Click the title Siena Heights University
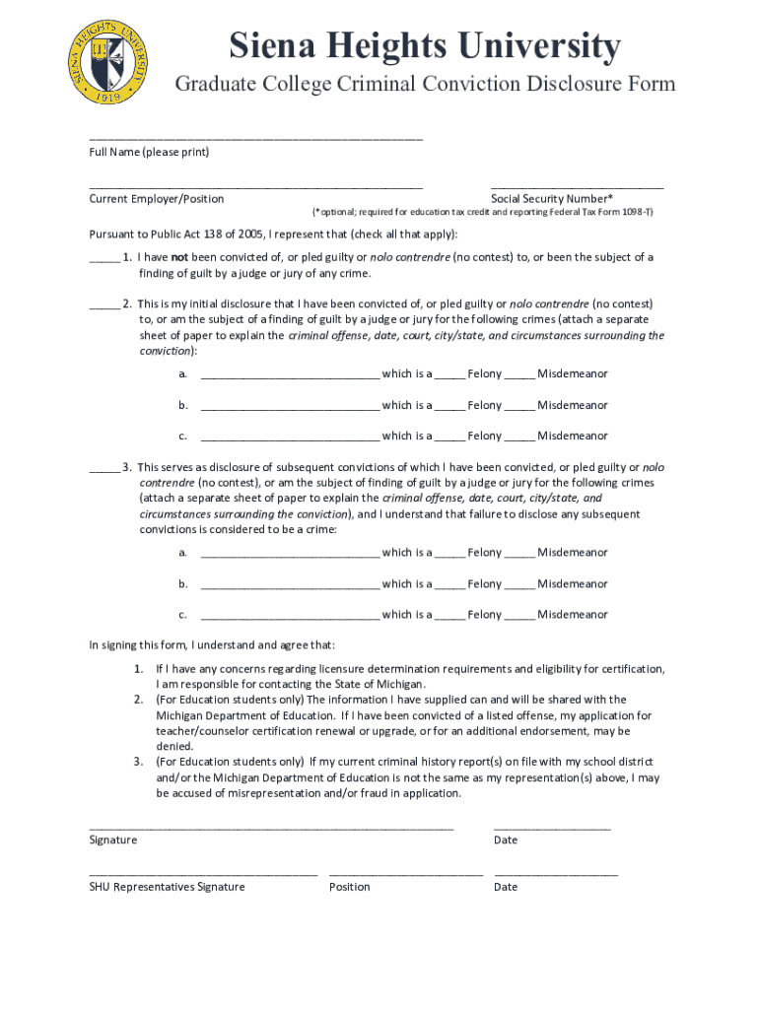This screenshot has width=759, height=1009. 425,45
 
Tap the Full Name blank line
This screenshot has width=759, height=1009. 255,138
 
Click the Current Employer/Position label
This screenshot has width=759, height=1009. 156,199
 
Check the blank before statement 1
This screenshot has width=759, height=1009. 103,259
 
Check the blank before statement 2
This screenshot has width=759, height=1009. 103,306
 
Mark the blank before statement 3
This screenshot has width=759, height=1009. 103,469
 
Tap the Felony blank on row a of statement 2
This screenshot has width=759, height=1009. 449,376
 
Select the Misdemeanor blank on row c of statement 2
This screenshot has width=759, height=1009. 520,438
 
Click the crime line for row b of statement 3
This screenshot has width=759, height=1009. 289,586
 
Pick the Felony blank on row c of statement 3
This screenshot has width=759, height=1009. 449,617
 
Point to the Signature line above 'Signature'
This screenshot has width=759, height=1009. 271,827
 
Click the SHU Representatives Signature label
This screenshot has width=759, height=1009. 167,887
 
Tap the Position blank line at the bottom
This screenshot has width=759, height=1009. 405,873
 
